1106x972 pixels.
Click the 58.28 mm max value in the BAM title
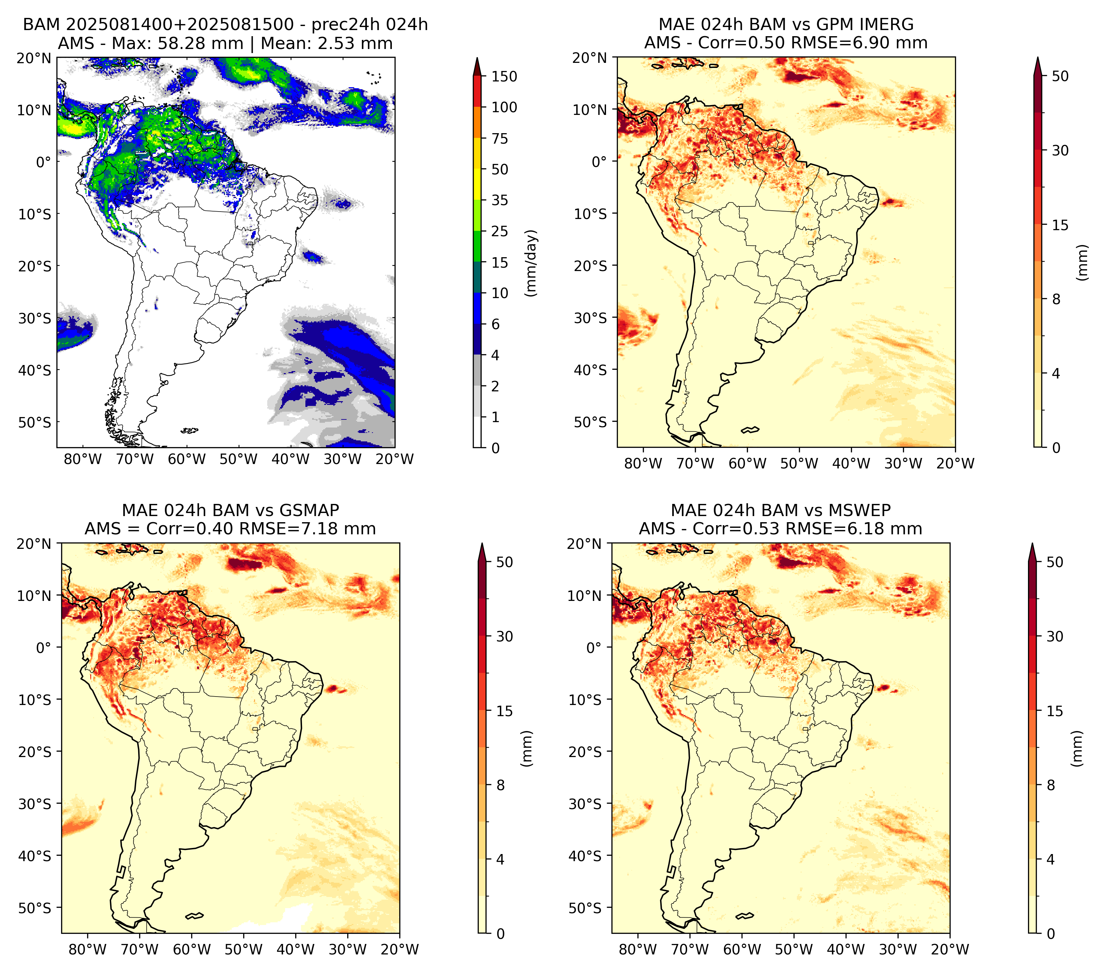coord(201,43)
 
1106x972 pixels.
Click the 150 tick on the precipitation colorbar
coord(504,76)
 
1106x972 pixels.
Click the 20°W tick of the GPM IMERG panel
coord(956,463)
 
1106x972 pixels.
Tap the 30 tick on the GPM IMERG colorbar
coord(1060,150)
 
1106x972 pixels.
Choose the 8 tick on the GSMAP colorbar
coord(501,785)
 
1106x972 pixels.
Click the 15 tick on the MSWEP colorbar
coord(1055,711)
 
